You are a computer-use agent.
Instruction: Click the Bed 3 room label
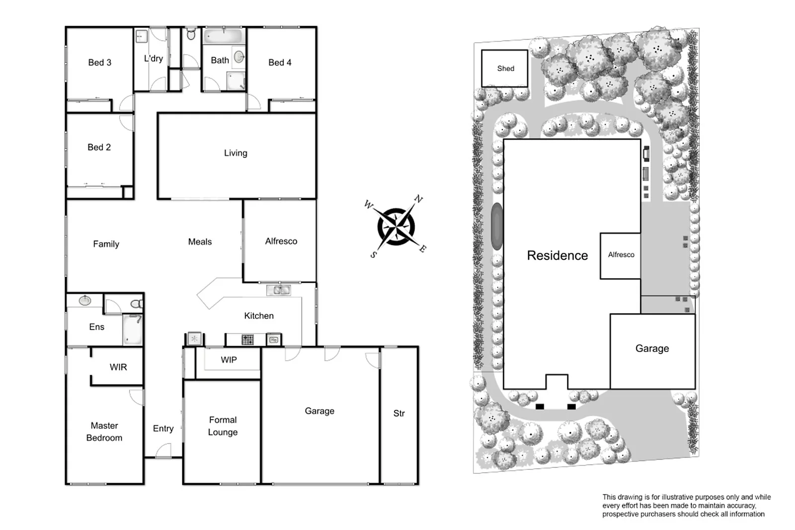click(99, 63)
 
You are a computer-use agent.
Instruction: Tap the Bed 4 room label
click(280, 63)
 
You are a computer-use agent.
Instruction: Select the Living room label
click(236, 153)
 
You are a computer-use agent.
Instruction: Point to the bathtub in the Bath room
click(223, 37)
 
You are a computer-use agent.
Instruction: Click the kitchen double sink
click(279, 290)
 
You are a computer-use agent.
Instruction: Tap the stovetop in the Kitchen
click(247, 340)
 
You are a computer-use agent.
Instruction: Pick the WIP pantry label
click(229, 360)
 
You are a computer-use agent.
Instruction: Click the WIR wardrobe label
click(118, 367)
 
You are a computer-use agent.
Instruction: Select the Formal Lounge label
click(223, 426)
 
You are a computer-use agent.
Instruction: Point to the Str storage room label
click(399, 413)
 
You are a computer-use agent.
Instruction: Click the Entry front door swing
click(163, 451)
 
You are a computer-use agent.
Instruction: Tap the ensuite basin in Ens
click(85, 300)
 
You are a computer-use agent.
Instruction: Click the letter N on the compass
click(418, 199)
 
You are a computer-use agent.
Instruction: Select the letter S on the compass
click(374, 255)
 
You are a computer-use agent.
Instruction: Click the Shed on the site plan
click(505, 69)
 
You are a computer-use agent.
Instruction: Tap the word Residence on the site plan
click(557, 255)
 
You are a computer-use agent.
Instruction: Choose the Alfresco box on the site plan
click(621, 255)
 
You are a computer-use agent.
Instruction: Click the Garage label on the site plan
click(652, 349)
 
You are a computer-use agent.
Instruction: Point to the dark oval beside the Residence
click(497, 226)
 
